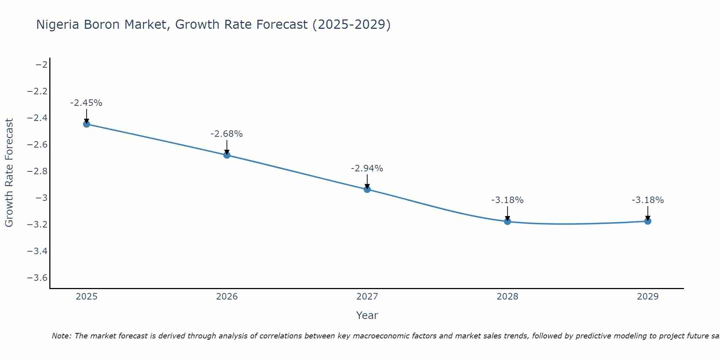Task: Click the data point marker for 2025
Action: [x=86, y=124]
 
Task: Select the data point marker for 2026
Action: [x=227, y=155]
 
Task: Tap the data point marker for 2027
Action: [x=367, y=189]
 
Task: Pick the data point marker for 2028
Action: [x=508, y=221]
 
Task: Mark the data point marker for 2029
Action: [x=648, y=221]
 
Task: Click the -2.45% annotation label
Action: [x=86, y=103]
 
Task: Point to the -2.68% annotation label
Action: [x=227, y=134]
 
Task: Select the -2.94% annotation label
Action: [x=367, y=168]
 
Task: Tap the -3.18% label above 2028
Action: [x=508, y=200]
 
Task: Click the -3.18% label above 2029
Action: [x=648, y=200]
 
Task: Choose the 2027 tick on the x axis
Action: [x=367, y=297]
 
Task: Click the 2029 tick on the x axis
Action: [x=648, y=297]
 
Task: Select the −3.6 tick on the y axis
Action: [x=37, y=278]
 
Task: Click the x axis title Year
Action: [x=367, y=315]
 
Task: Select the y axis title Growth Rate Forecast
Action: [x=9, y=173]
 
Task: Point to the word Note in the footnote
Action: [x=61, y=336]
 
